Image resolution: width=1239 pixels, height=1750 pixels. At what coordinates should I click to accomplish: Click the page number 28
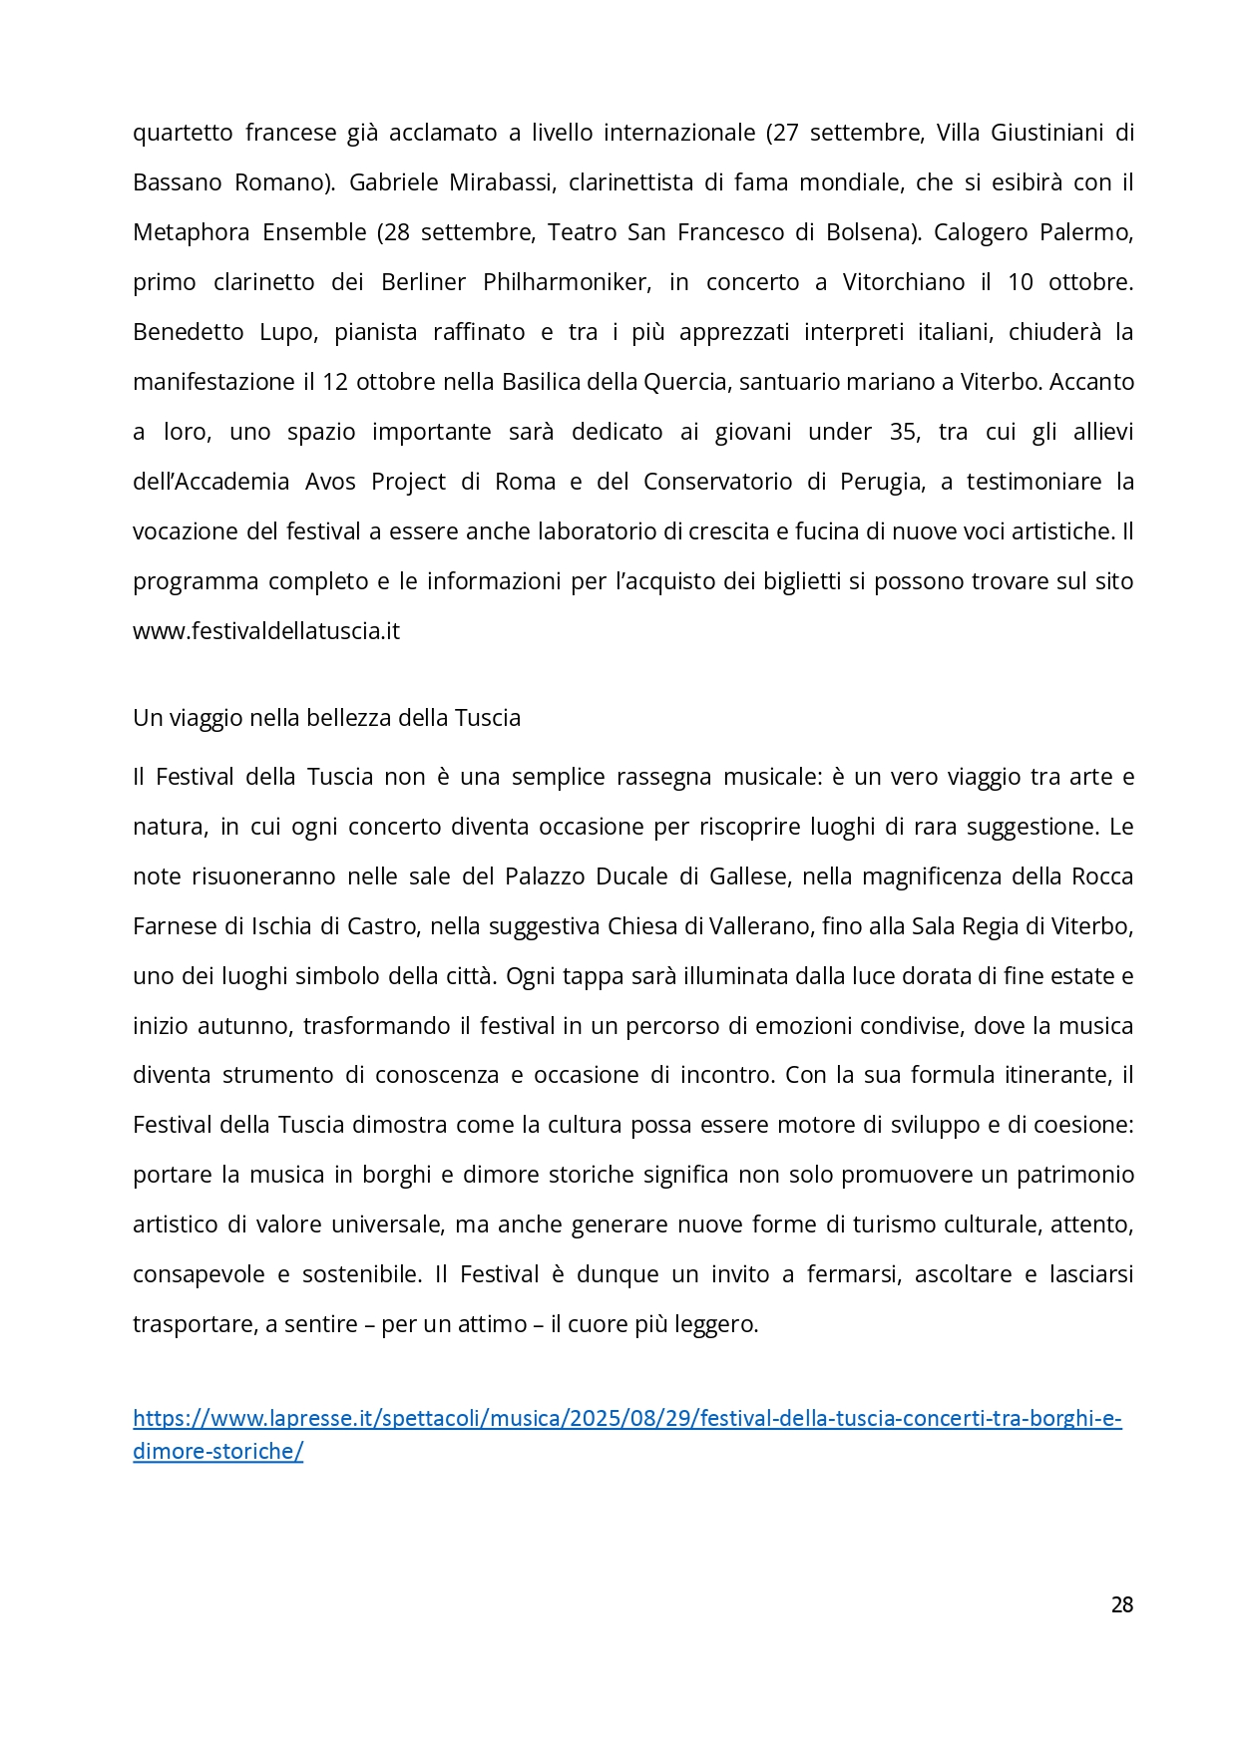click(1121, 1604)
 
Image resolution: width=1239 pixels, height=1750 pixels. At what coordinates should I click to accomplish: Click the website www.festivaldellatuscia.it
click(266, 631)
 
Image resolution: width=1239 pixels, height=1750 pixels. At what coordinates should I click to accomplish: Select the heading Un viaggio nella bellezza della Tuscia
click(326, 718)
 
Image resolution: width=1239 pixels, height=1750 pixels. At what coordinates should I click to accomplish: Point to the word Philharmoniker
click(566, 282)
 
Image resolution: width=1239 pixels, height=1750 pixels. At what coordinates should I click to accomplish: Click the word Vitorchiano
click(903, 282)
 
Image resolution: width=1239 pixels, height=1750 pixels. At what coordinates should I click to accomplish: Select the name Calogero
click(978, 232)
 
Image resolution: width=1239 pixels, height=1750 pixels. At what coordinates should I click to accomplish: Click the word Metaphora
click(191, 232)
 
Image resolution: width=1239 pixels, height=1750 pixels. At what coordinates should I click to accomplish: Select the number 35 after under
click(902, 432)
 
